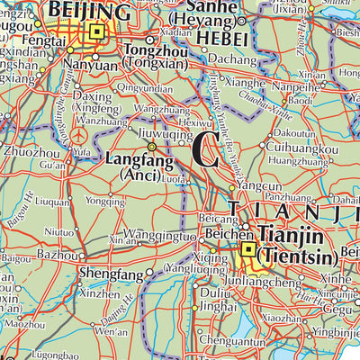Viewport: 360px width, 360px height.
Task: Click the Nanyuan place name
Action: coord(88,66)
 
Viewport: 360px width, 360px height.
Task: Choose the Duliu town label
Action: coord(211,292)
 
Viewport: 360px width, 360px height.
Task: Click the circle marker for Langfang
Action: coord(151,146)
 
